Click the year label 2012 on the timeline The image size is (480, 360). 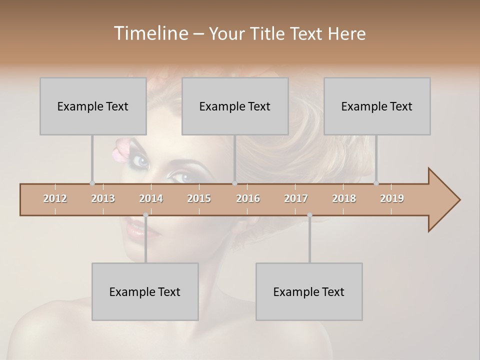point(55,198)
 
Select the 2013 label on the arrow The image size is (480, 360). point(103,198)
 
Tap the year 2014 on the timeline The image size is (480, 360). point(151,198)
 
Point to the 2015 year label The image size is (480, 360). point(199,198)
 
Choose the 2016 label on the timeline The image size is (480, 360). point(248,198)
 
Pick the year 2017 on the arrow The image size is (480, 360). point(296,198)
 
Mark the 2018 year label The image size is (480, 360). point(344,198)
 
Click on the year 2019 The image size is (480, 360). point(392,198)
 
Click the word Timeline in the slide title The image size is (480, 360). point(150,33)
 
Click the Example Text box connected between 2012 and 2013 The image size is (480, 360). point(93,106)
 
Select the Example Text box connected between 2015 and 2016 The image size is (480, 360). point(235,106)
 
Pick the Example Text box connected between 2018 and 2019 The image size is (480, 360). point(377,106)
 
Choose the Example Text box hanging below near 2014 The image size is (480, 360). point(145,291)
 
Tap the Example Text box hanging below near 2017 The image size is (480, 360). point(309,291)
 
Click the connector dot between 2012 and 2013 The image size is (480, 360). point(92,183)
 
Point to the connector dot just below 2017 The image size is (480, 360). point(309,215)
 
